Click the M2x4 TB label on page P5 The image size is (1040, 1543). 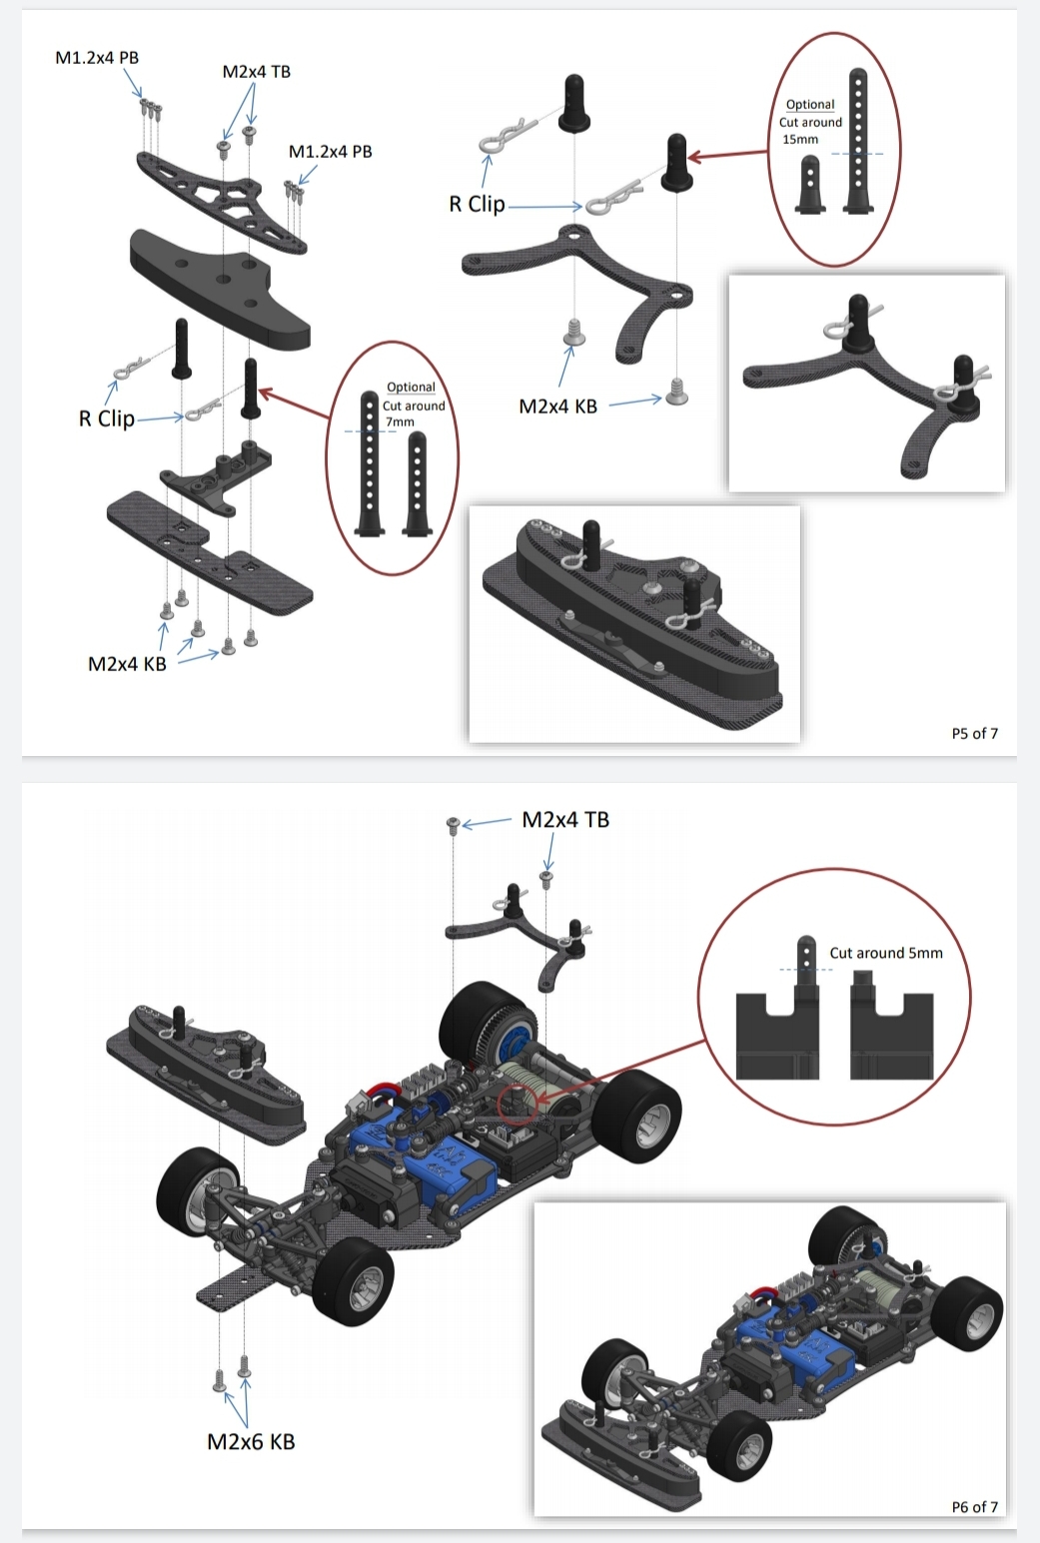click(257, 72)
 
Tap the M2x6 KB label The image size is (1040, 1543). click(251, 1441)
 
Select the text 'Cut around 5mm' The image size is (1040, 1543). click(886, 953)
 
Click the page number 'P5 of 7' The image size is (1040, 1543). click(974, 733)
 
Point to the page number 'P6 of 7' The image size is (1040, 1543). click(974, 1507)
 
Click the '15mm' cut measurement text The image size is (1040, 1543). click(800, 139)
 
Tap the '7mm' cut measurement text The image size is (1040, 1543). click(400, 421)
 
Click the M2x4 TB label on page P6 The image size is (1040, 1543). click(565, 820)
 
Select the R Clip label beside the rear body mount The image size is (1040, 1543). click(477, 204)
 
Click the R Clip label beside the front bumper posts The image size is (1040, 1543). click(107, 418)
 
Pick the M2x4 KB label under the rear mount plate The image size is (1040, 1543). click(557, 406)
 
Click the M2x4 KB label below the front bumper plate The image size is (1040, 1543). click(127, 664)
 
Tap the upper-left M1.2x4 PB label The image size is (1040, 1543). click(97, 58)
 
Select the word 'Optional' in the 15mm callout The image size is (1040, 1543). click(810, 104)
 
